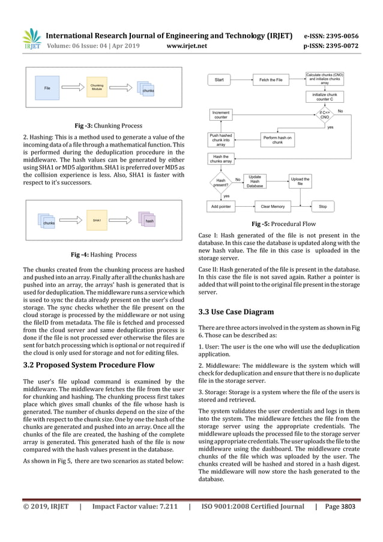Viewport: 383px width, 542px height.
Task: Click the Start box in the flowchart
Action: pos(219,80)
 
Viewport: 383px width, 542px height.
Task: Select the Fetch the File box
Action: pos(271,80)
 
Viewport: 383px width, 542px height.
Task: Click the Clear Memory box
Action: pos(273,206)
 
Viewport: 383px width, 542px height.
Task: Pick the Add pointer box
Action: pos(221,206)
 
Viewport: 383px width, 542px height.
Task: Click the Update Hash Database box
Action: pos(255,181)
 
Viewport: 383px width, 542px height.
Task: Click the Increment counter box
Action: pos(221,114)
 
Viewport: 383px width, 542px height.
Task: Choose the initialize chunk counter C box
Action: pos(325,97)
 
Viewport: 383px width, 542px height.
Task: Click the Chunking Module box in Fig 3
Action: pos(96,88)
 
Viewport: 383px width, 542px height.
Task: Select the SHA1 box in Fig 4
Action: pos(97,221)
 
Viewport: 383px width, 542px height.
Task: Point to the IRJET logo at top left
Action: pos(29,41)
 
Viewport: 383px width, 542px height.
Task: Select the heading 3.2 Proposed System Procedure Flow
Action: pos(88,364)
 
